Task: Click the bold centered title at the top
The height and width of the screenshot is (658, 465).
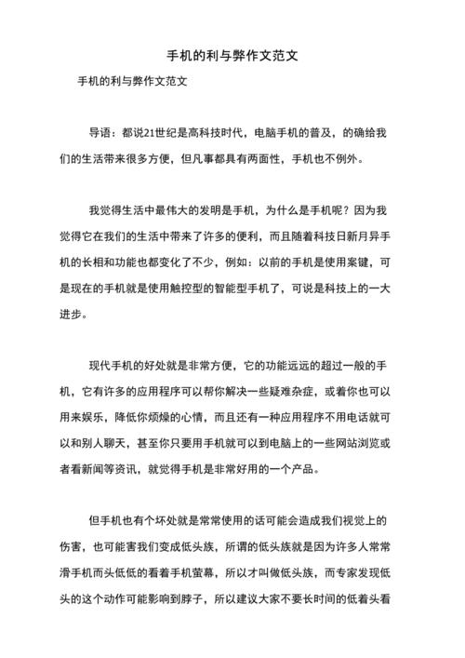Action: point(232,55)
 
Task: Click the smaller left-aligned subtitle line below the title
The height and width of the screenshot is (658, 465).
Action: point(131,81)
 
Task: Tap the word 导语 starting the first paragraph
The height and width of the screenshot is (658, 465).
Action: point(101,133)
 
